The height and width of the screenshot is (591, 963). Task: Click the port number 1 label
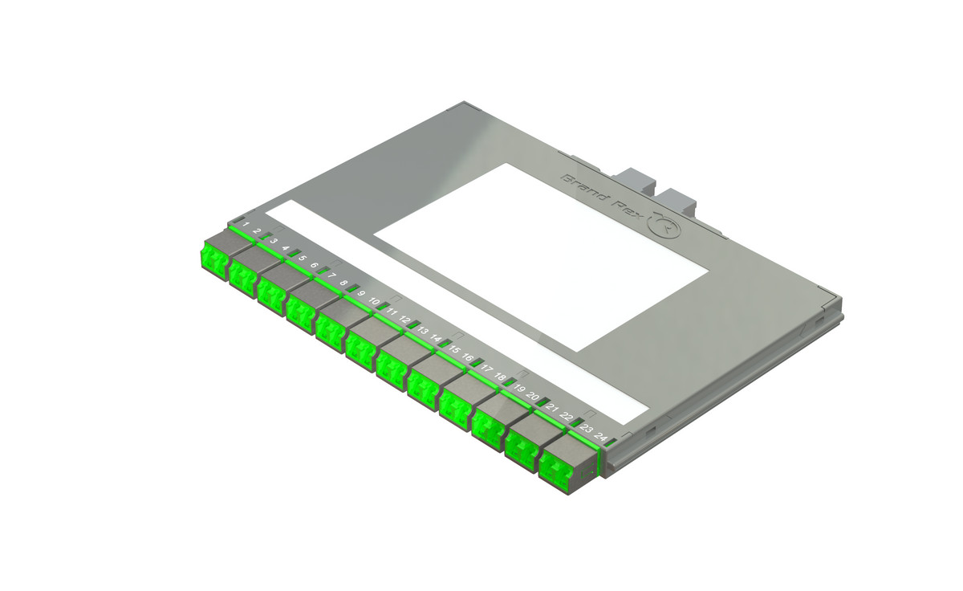point(246,225)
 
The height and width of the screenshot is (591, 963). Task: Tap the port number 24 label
point(600,438)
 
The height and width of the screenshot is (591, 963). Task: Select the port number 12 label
point(404,320)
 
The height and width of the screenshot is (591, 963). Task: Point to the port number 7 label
point(331,275)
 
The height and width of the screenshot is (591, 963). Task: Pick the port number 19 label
point(519,389)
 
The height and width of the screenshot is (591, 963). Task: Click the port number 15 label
point(454,349)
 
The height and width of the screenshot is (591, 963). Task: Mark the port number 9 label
point(362,294)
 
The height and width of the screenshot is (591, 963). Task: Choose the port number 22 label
point(567,418)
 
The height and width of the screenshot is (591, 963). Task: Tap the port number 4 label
point(286,248)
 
